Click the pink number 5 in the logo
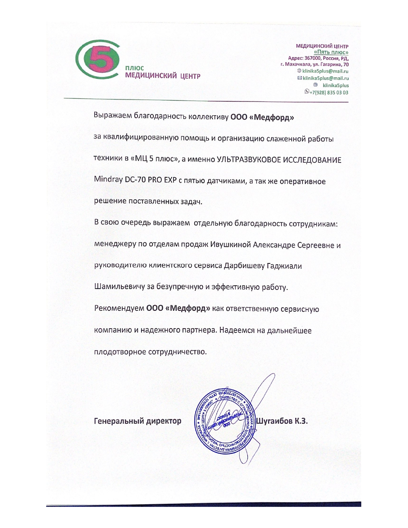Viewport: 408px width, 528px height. [96, 59]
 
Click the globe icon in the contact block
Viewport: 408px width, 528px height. [299, 71]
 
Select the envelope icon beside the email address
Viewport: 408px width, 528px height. [300, 78]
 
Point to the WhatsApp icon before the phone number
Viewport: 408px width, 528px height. [307, 92]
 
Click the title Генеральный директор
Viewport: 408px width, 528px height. [138, 421]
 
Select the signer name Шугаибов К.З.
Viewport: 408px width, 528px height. [282, 421]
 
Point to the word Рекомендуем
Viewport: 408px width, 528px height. [119, 309]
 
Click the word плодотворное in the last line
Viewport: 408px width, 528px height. [120, 352]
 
